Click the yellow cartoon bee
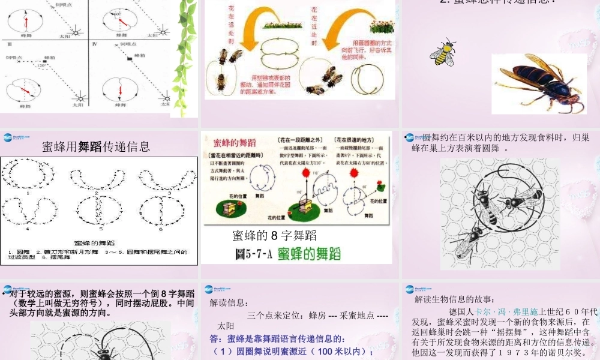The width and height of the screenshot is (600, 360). coord(443,53)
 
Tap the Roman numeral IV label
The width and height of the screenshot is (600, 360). coord(94,44)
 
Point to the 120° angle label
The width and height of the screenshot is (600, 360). coord(42,66)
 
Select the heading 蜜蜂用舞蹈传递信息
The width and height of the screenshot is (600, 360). coord(96,146)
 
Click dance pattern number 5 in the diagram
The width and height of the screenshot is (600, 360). coord(101,211)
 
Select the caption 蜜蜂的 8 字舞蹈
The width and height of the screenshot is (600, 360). coord(274,236)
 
